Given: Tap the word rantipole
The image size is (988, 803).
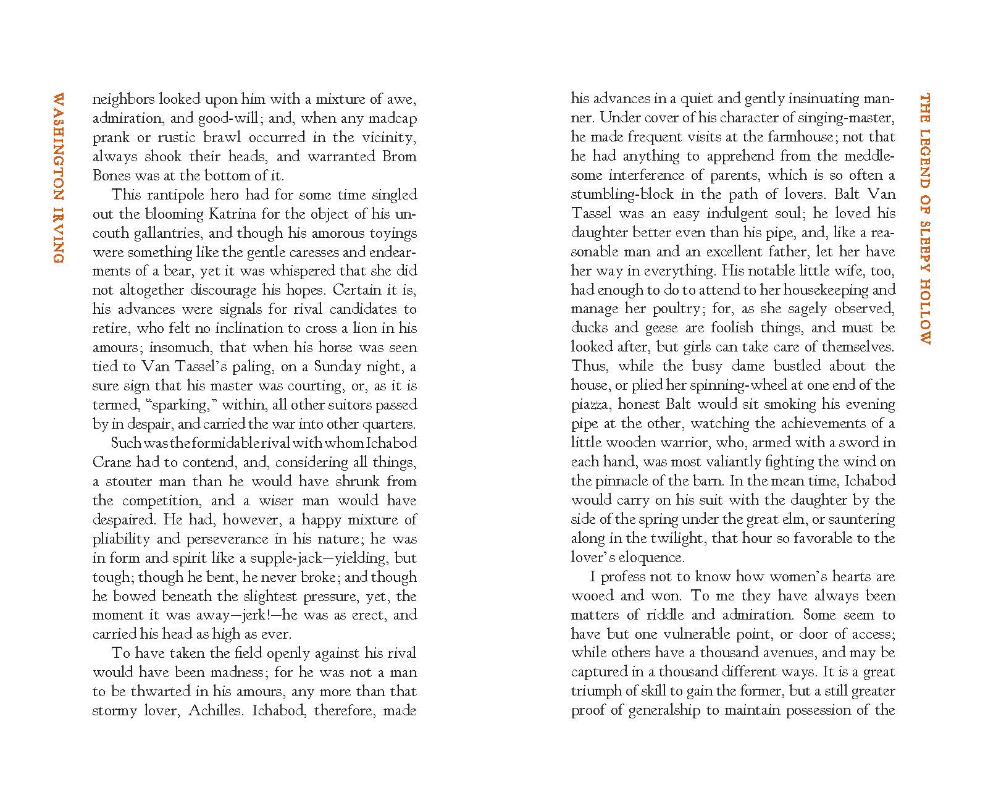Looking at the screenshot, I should pos(176,195).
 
